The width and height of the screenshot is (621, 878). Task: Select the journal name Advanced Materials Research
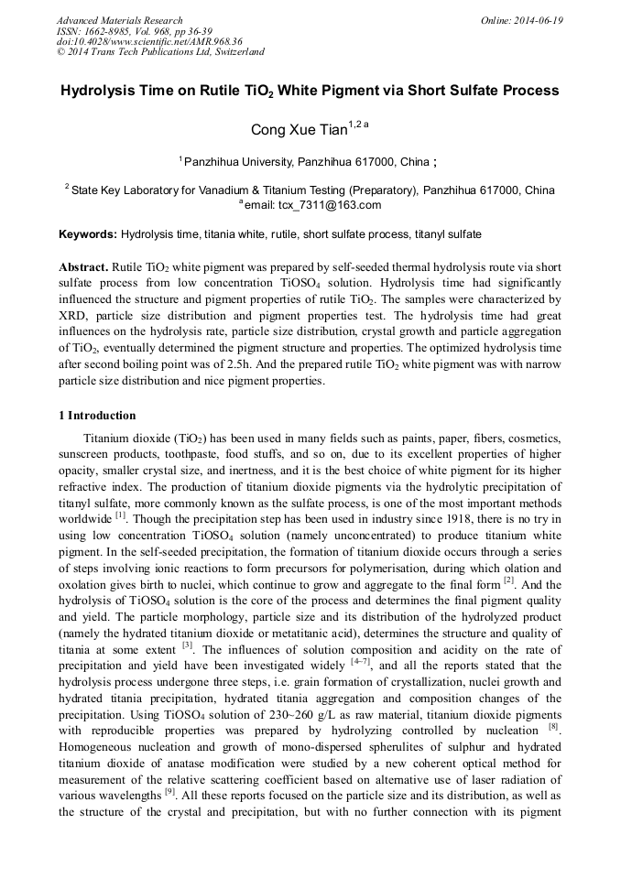point(119,20)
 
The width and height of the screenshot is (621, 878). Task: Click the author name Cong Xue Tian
point(292,130)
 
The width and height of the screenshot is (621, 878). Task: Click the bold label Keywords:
point(88,234)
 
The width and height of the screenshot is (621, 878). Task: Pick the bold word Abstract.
point(83,265)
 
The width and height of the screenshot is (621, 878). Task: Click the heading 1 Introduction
point(97,415)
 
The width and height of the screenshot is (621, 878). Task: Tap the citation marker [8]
point(554,728)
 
